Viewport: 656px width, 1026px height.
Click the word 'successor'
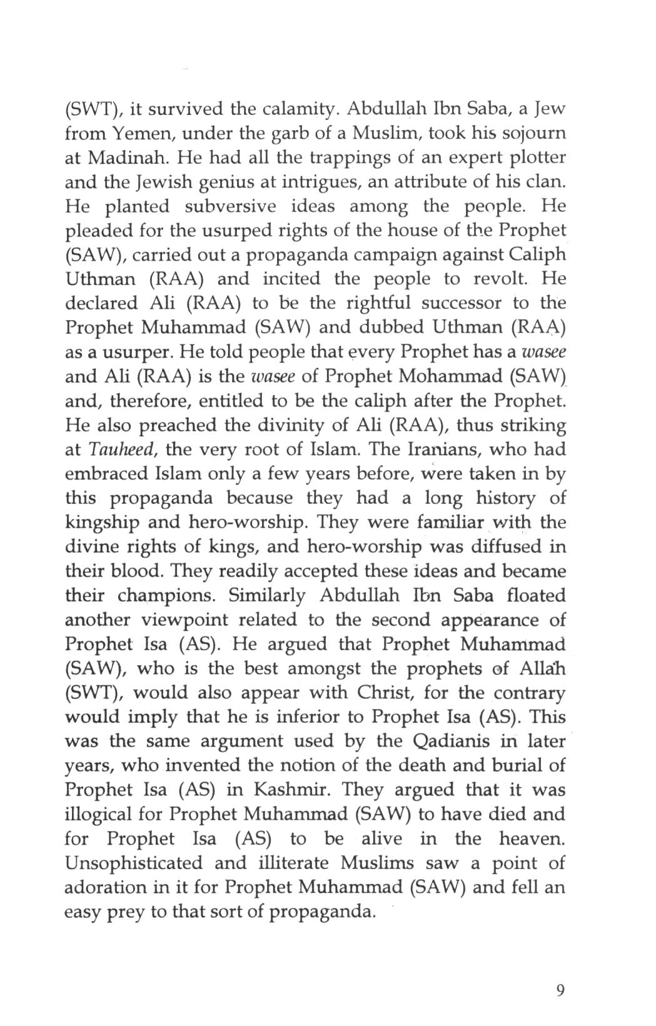tap(461, 304)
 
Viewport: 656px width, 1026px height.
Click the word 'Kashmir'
tap(291, 790)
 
